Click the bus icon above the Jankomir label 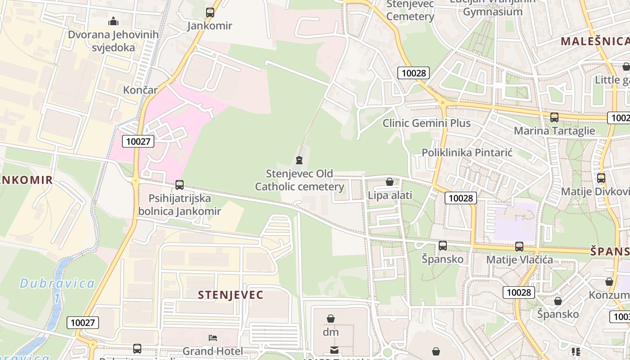[210, 13]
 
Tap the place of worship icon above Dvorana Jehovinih [113, 21]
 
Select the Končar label [140, 90]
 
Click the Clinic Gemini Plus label [427, 123]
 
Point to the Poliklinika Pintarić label [467, 153]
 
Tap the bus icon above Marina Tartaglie [554, 117]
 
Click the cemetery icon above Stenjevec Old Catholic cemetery [299, 160]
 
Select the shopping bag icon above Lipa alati [390, 182]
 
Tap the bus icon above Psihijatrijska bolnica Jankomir [180, 184]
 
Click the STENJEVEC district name [231, 295]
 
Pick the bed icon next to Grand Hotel [213, 338]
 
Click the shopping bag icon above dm [331, 319]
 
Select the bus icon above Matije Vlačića [519, 247]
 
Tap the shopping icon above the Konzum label [609, 282]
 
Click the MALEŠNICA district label [594, 41]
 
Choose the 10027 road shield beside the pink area [138, 141]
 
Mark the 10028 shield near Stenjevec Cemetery [414, 73]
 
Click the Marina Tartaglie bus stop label [554, 131]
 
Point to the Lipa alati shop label [390, 195]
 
